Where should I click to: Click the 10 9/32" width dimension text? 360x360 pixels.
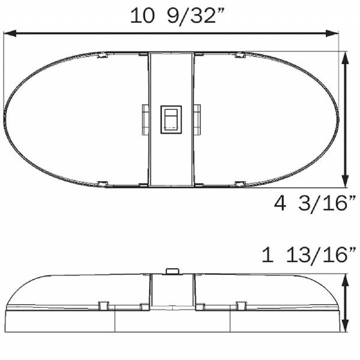176,16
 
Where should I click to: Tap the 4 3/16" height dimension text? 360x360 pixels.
315,203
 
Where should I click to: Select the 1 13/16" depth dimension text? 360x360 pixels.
309,254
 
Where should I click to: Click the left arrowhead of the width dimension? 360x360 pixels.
10,33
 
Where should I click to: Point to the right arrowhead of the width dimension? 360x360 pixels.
332,33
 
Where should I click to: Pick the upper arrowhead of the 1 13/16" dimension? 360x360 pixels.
345,280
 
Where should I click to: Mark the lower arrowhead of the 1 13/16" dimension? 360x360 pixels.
345,326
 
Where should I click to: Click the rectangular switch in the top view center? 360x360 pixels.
171,119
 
